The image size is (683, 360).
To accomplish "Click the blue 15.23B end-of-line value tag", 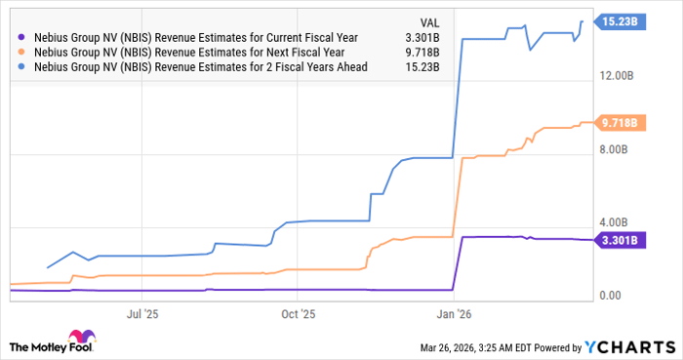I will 620,20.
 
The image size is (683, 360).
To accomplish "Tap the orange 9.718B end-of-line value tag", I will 618,123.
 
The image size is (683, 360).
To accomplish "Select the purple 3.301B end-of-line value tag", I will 618,240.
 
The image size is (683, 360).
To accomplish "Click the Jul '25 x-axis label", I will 142,314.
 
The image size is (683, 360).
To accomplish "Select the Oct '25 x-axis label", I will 298,314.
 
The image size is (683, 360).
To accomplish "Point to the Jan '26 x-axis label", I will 453,314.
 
